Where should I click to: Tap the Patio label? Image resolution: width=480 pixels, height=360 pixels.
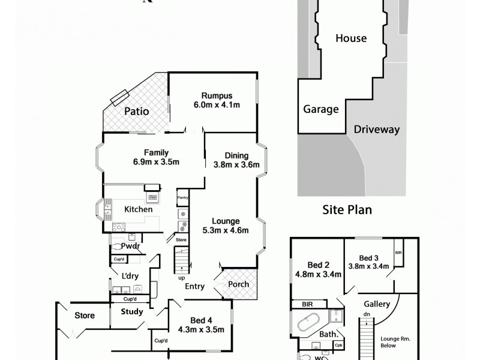tap(136, 111)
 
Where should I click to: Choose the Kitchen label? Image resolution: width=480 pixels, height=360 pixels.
tap(138, 209)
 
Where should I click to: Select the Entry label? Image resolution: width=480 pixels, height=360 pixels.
tap(194, 287)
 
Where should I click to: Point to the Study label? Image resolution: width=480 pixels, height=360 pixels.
tap(131, 311)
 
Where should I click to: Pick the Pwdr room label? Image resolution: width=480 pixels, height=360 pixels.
tap(130, 246)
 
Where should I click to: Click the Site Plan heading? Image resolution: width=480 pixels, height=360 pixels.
tap(347, 209)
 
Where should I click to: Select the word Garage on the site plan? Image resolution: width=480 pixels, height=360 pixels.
tap(321, 110)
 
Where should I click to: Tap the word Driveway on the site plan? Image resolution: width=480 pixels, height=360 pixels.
tap(377, 129)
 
